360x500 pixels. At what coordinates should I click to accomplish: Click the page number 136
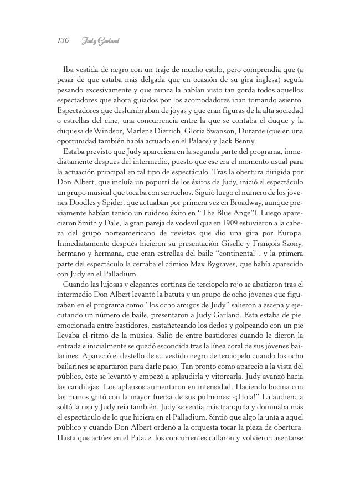[x=62, y=41]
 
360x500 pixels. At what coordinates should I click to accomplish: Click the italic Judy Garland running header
[x=101, y=41]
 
